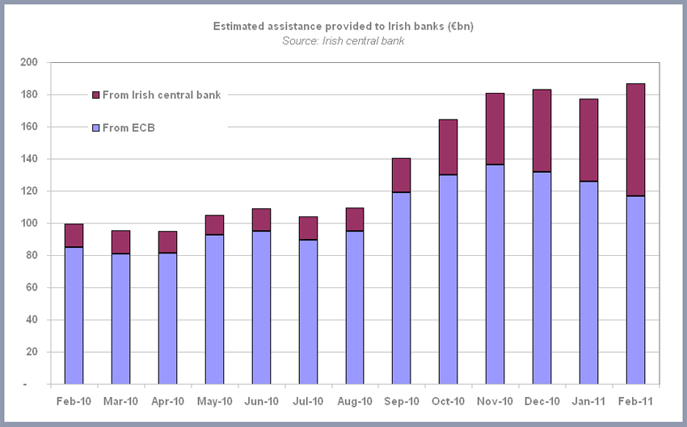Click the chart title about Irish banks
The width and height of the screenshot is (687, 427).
click(343, 27)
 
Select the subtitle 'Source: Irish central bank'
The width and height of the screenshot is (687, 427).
click(343, 40)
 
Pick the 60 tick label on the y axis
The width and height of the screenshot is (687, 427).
click(32, 288)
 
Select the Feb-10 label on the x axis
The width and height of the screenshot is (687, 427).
click(74, 401)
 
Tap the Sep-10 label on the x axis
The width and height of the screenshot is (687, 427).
click(401, 401)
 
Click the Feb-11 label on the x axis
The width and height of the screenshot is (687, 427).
click(635, 401)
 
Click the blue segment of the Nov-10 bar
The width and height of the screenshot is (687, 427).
click(495, 274)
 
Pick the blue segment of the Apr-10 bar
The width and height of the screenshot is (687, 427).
click(167, 319)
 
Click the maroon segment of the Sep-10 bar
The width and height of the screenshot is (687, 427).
click(401, 175)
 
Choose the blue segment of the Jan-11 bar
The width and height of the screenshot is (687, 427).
click(588, 283)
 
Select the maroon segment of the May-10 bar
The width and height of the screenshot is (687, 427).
click(214, 225)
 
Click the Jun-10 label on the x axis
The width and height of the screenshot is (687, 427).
click(261, 401)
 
